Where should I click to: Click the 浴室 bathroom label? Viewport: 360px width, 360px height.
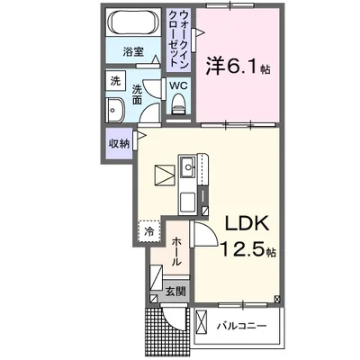(132, 52)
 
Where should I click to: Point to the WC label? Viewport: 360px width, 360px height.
(177, 85)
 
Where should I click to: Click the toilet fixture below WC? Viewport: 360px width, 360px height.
(177, 104)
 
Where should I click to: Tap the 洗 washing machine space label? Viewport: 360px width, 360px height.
(115, 81)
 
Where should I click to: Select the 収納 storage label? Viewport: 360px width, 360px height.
(119, 142)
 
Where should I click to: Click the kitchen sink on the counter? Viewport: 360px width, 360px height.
(191, 166)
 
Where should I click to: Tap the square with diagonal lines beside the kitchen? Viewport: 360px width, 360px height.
(164, 173)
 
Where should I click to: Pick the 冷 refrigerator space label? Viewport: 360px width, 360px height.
(149, 230)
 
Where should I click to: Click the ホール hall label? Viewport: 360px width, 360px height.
(177, 248)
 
